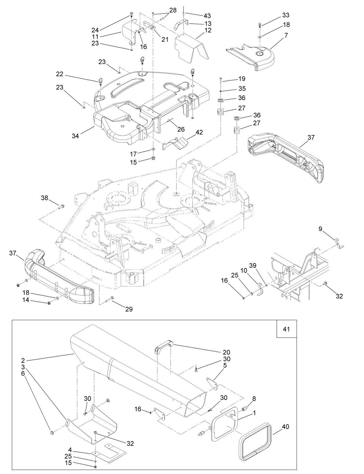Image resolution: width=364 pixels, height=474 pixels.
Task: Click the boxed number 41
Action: pos(286,329)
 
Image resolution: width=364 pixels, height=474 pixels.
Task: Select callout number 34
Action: pos(75,136)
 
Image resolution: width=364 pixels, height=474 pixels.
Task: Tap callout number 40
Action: pos(285,427)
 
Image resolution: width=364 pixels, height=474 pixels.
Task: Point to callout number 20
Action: pos(226,352)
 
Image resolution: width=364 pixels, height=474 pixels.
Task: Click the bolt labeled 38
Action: pos(62,207)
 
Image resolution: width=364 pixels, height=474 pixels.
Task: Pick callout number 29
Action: pos(129,309)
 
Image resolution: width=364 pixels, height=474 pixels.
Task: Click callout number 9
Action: pos(320,229)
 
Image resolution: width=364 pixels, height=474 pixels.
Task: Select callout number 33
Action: pos(286,15)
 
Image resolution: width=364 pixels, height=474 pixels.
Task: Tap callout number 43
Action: pos(207,16)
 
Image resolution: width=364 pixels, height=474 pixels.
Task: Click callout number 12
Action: pos(207,30)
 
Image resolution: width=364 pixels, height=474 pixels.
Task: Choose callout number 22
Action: pos(60,74)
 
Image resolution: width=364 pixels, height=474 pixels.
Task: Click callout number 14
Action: pos(26,300)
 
